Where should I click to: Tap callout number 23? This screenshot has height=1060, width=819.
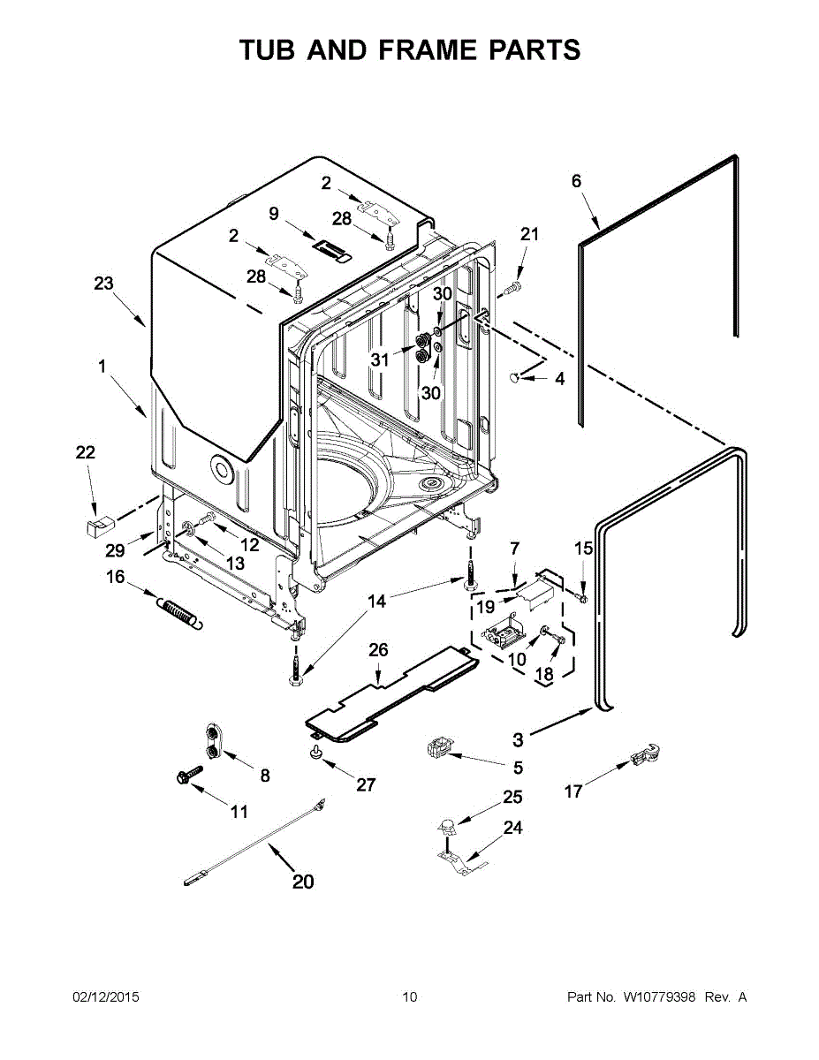[104, 284]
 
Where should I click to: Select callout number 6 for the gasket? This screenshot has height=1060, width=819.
[577, 181]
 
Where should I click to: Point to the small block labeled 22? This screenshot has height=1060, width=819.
[95, 527]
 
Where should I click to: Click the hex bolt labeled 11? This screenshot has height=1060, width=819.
[186, 776]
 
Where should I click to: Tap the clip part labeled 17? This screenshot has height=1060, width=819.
[644, 756]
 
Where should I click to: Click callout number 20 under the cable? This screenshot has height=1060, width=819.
[303, 881]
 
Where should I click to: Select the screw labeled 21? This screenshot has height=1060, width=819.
[512, 289]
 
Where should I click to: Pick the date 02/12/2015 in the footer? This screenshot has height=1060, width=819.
[105, 997]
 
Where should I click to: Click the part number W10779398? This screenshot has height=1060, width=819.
[659, 997]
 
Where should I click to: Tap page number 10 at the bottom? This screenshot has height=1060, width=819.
[409, 997]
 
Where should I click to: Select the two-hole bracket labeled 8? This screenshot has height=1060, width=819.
[214, 739]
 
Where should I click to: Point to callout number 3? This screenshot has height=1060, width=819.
[518, 740]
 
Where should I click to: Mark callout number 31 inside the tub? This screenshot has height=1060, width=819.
[380, 360]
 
